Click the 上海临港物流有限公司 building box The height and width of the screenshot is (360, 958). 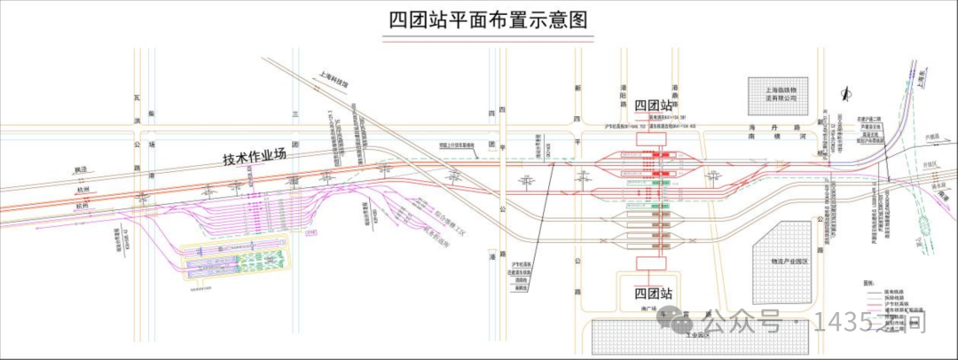(x=775, y=93)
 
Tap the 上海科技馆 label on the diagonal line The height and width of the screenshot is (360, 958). (x=334, y=82)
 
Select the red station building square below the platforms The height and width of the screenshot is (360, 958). (x=653, y=262)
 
